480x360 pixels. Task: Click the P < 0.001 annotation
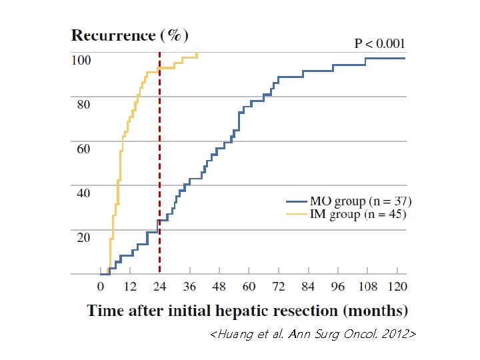(379, 44)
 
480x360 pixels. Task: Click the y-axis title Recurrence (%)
(130, 35)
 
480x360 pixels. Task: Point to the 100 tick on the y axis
(81, 60)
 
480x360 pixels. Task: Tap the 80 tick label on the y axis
(83, 105)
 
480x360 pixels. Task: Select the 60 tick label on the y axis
(83, 149)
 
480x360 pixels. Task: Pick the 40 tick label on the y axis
(83, 193)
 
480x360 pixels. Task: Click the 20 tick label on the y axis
(83, 237)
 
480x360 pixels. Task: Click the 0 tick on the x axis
(101, 287)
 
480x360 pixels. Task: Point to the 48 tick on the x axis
(218, 287)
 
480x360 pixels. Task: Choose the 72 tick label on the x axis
(277, 287)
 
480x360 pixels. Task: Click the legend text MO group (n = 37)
(360, 201)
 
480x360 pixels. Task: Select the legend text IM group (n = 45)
(357, 214)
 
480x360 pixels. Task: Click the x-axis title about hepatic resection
(247, 311)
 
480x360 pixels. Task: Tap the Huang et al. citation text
(313, 334)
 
